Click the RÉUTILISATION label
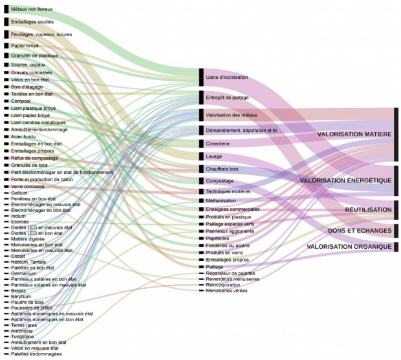(368, 209)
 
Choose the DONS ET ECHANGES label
(360, 231)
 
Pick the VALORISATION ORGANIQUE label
(349, 247)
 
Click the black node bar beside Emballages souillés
(6, 22)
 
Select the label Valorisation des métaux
(231, 115)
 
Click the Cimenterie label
(218, 143)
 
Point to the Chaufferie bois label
(222, 169)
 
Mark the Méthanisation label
(221, 201)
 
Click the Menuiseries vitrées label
(226, 290)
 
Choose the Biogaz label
(19, 290)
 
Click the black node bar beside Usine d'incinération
(201, 78)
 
